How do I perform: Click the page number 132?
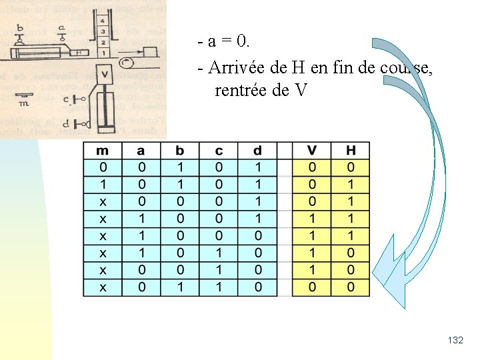coord(456,341)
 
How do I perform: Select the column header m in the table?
coord(103,151)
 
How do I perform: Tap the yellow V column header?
coord(313,151)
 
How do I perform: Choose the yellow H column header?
coord(351,151)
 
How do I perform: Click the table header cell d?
coord(257,151)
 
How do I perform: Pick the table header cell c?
coord(219,151)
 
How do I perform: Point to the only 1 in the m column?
coord(103,183)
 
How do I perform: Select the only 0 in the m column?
coord(103,167)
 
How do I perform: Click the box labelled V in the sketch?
coord(104,73)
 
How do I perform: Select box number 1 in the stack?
coord(102,52)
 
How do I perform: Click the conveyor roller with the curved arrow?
coord(125,63)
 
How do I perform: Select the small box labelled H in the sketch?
coord(79,52)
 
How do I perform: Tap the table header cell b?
coord(179,151)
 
